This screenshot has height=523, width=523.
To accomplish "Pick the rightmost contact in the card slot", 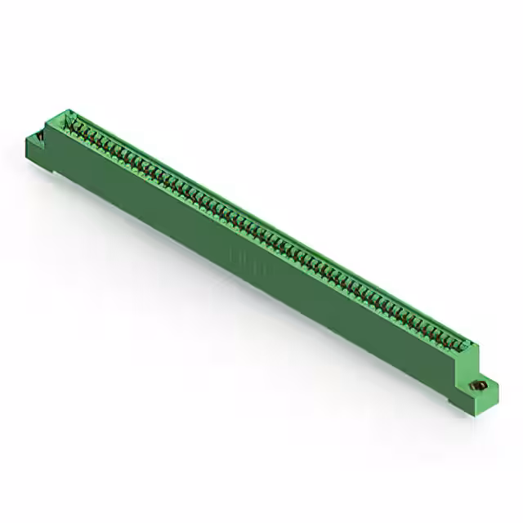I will point(463,342).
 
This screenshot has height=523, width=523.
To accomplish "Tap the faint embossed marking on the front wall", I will point(246,257).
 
